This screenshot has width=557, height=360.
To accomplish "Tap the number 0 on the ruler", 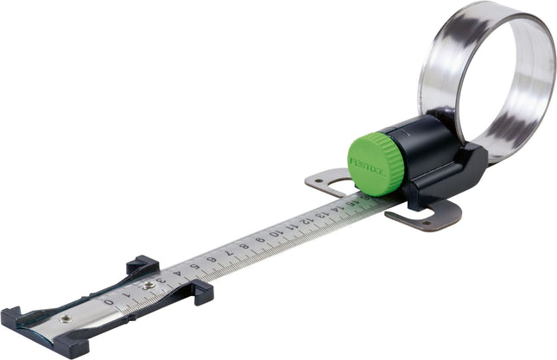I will (109, 301).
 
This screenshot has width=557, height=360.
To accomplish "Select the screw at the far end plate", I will (66, 319).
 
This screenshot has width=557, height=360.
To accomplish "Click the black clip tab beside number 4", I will (201, 293).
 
